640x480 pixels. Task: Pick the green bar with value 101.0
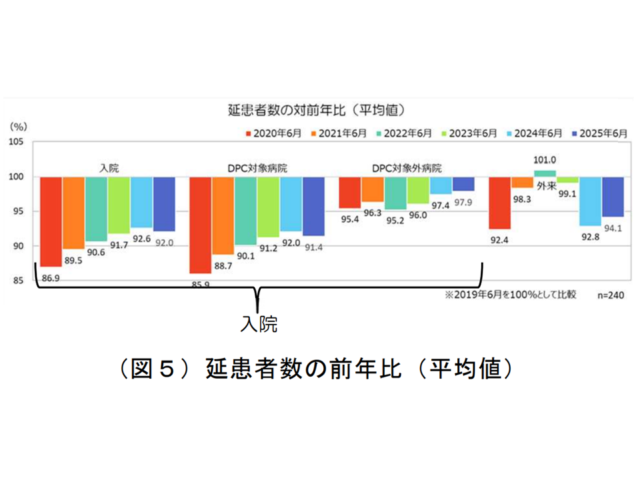pos(545,173)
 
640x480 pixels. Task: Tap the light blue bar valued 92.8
pos(590,201)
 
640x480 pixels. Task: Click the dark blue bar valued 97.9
pos(463,184)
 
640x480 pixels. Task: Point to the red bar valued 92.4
pos(501,203)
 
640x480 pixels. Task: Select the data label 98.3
pos(523,198)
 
